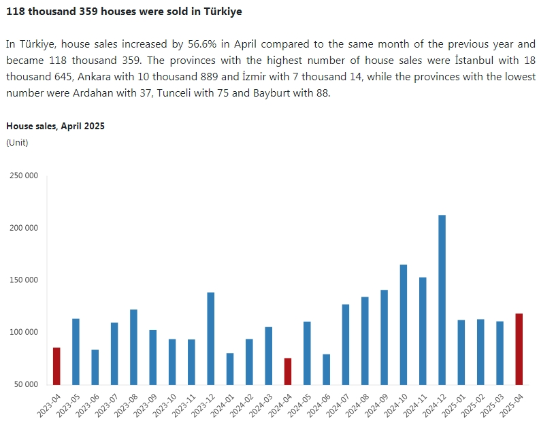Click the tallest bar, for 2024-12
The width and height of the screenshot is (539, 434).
point(442,299)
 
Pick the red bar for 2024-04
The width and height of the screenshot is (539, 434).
point(288,371)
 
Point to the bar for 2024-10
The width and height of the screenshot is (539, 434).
point(404,324)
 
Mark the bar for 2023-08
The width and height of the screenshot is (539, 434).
point(133,346)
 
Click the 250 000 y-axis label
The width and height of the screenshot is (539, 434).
point(23,176)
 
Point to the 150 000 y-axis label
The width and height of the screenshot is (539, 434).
point(23,280)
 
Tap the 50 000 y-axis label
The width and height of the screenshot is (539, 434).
point(25,384)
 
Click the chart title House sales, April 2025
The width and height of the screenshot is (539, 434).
point(55,126)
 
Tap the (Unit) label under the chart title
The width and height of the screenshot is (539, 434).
point(17,142)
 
